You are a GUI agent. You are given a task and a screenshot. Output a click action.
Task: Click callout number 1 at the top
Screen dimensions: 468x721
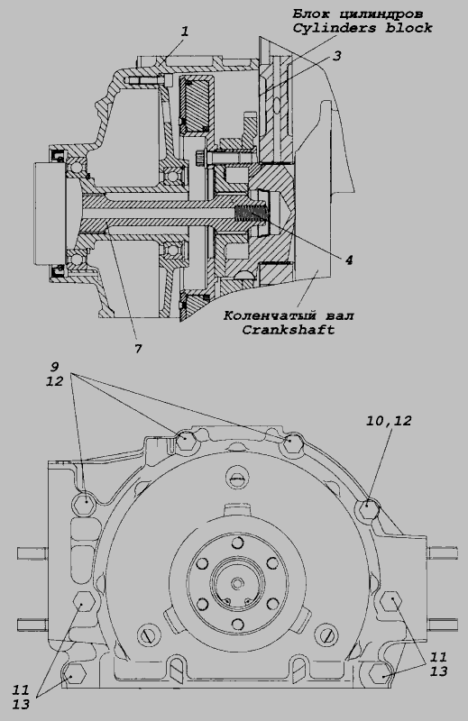[185, 32]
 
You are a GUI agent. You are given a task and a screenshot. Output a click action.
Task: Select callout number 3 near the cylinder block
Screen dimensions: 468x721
[337, 56]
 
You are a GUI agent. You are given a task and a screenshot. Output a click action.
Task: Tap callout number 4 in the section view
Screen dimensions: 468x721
[349, 260]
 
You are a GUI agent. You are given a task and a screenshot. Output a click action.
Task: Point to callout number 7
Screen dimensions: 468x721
[138, 349]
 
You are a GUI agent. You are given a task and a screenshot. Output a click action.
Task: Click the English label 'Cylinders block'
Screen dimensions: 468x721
[362, 28]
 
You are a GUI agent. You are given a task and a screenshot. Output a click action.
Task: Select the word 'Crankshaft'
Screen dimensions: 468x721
[288, 330]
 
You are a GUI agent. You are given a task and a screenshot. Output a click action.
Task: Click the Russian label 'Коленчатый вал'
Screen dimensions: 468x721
[289, 316]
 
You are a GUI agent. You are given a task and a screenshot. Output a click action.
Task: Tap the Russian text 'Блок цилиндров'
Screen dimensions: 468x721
[358, 14]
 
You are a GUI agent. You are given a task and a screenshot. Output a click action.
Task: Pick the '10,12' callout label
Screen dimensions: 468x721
[389, 420]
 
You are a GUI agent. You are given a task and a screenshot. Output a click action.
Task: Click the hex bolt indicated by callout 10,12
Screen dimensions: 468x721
[368, 508]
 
